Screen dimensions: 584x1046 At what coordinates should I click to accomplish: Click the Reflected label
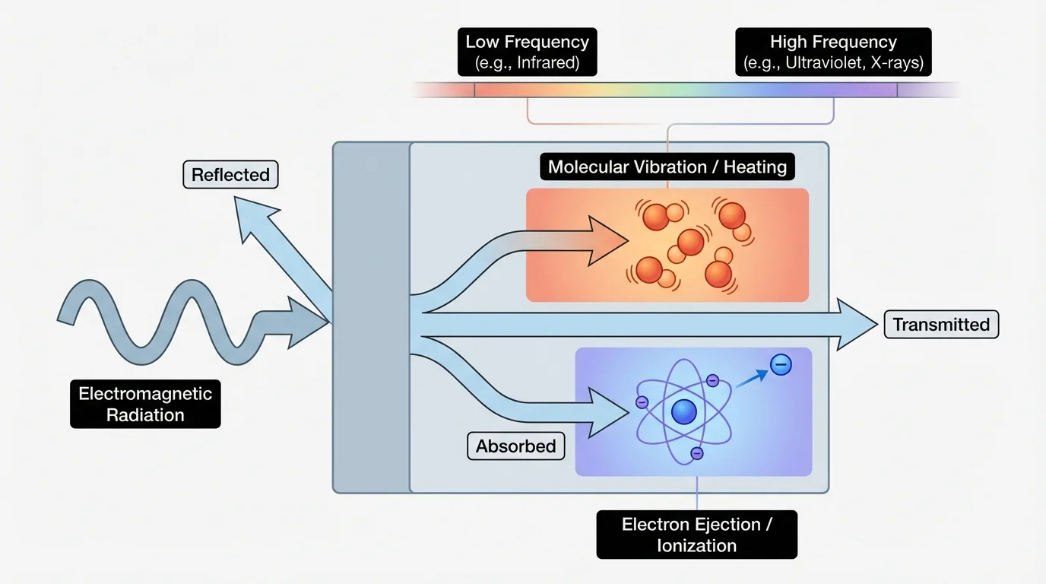click(x=230, y=175)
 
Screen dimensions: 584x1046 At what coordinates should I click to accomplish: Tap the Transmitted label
click(x=940, y=325)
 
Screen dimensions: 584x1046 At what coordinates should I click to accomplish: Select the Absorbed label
click(x=515, y=446)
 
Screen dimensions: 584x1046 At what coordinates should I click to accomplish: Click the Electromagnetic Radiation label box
click(x=145, y=404)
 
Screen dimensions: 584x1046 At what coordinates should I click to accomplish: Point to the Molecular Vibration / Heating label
click(x=667, y=167)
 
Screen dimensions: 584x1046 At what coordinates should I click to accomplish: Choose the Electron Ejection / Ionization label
click(x=696, y=535)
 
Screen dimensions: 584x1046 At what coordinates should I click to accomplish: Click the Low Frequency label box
click(x=527, y=52)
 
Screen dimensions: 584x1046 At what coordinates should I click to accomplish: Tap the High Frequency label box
click(x=833, y=52)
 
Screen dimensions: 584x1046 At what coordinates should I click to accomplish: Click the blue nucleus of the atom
click(x=684, y=412)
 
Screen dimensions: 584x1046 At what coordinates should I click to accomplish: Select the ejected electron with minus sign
click(x=781, y=365)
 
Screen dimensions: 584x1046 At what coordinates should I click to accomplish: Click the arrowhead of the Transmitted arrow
click(x=855, y=325)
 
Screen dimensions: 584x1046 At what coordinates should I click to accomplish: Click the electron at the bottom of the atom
click(x=697, y=453)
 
